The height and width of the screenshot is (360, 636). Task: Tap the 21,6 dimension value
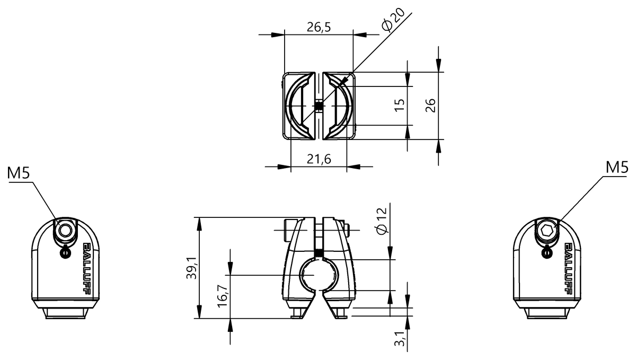click(x=319, y=159)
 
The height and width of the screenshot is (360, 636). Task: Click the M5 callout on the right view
click(x=617, y=168)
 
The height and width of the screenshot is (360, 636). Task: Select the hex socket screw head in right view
click(x=547, y=231)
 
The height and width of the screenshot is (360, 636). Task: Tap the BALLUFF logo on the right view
click(x=568, y=268)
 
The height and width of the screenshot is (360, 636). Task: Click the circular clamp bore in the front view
click(x=320, y=275)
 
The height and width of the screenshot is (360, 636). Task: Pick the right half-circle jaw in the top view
click(x=338, y=106)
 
